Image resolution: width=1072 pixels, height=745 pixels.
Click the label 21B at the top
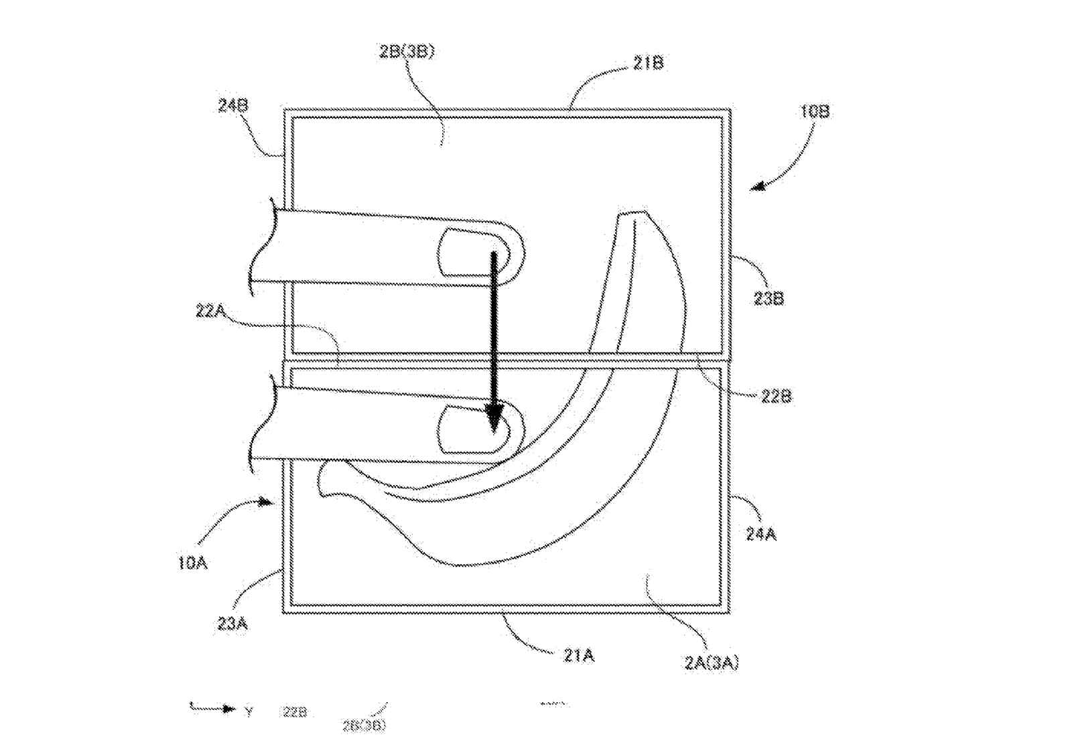tap(648, 63)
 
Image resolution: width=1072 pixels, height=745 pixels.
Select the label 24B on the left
tap(233, 105)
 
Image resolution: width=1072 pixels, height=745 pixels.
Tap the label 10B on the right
tap(815, 111)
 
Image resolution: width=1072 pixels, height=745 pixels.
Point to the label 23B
tap(768, 299)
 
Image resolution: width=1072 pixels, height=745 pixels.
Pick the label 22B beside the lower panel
tap(776, 397)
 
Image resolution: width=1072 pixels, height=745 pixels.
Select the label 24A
tap(761, 534)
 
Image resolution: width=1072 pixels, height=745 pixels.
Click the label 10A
tap(192, 563)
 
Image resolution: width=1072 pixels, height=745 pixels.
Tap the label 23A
tap(232, 624)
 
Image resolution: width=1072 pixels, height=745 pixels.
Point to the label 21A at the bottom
tap(578, 656)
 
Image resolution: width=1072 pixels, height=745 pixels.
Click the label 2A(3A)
tap(712, 663)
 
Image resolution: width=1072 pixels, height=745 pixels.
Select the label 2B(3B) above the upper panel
tap(407, 52)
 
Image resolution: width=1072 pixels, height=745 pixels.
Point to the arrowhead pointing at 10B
tap(758, 187)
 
